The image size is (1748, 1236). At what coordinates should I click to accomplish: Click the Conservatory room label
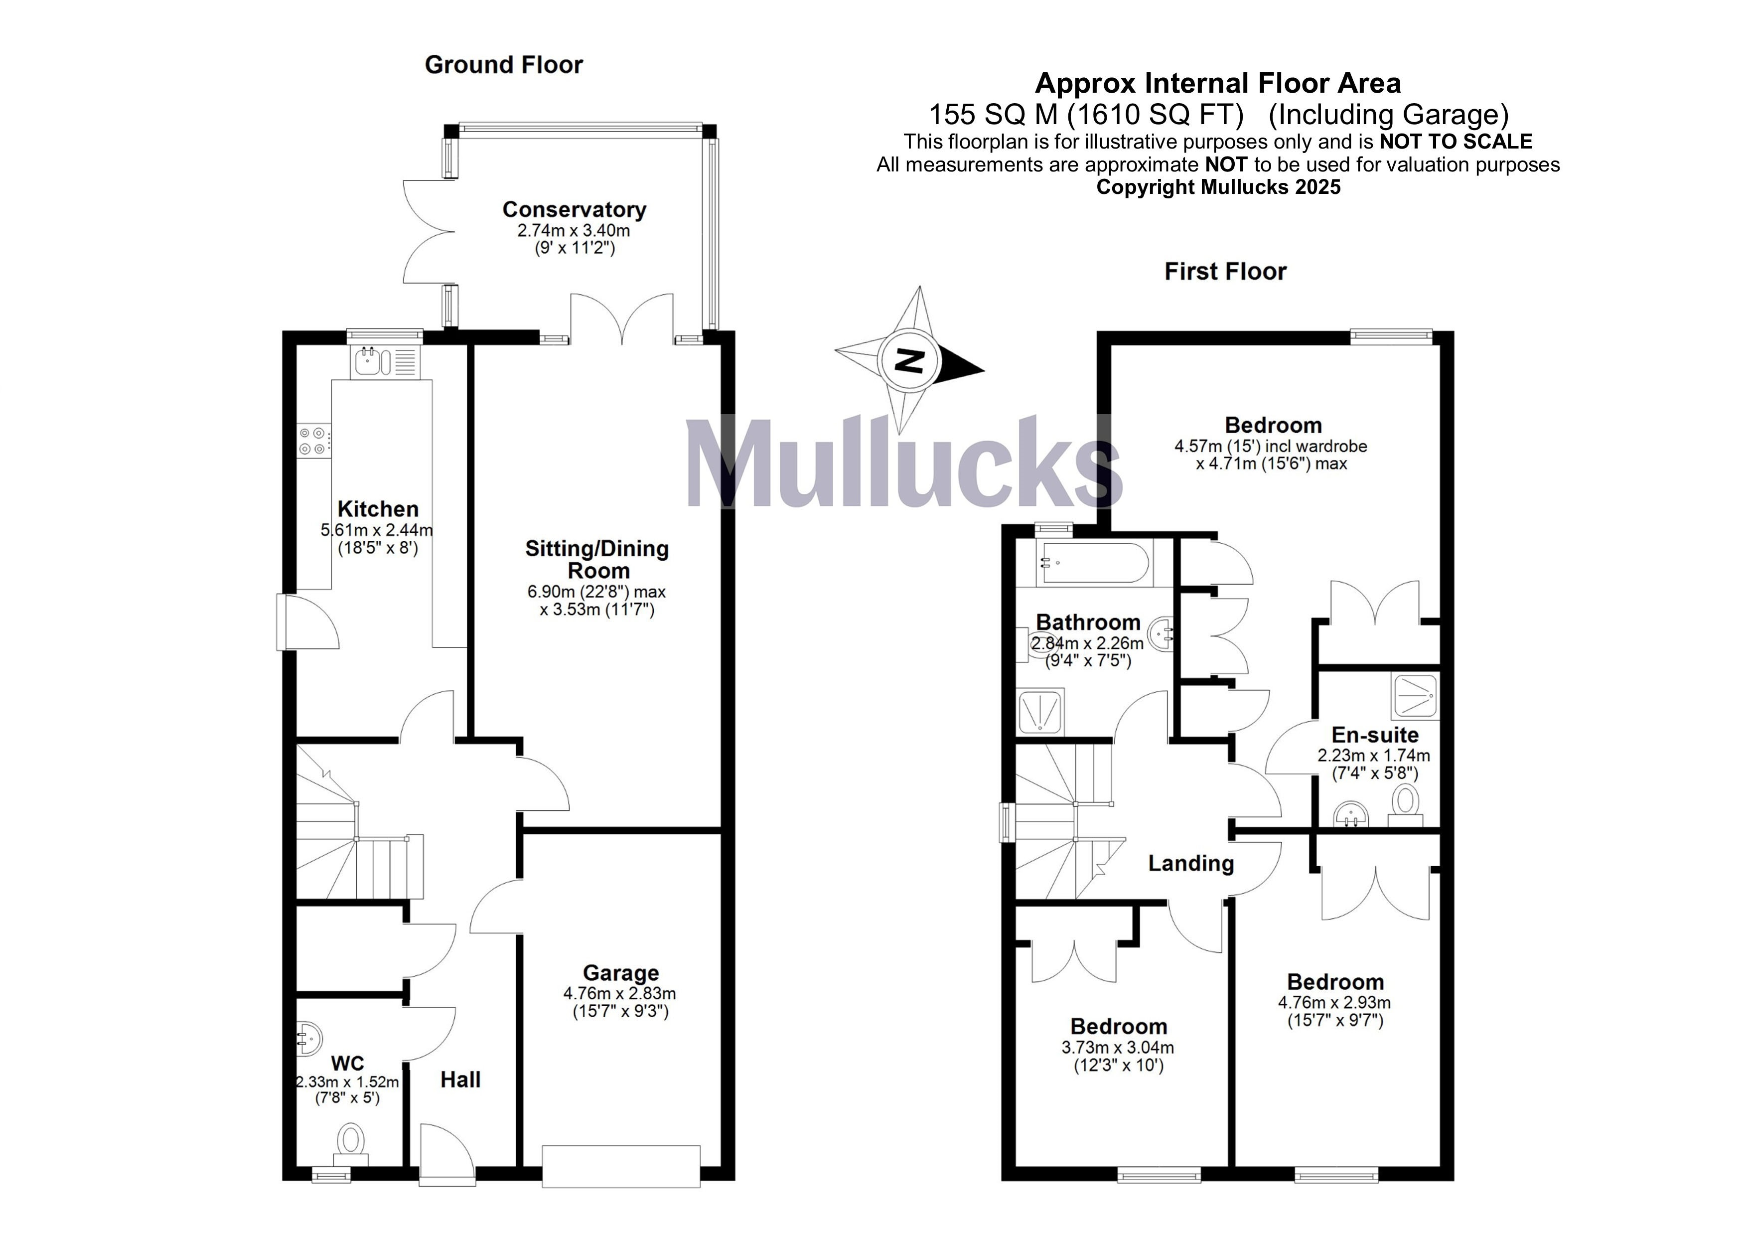point(574,209)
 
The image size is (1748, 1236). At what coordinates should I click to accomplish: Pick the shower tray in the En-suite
point(1415,696)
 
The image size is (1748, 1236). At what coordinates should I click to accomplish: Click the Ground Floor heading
point(503,65)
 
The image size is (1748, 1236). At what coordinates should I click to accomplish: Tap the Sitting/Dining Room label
point(597,559)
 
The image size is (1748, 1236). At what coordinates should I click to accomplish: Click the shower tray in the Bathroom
point(1040,713)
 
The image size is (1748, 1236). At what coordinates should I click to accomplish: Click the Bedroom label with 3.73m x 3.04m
point(1118,1027)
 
